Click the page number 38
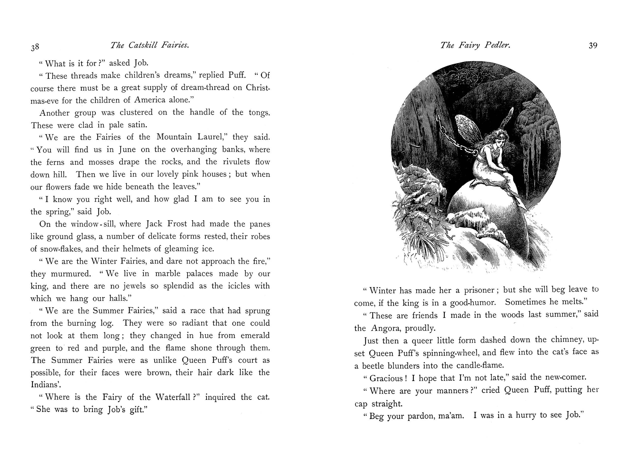35,47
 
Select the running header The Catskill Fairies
150,45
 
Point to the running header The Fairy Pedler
475,45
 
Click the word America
150,100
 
